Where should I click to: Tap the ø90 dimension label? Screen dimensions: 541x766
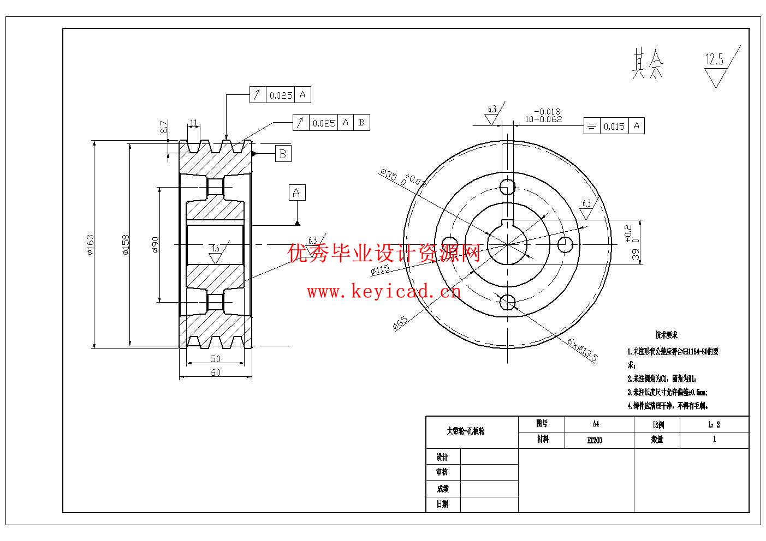(x=155, y=244)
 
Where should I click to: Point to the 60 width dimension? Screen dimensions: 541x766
(x=215, y=372)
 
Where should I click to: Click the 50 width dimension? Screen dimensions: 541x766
(x=215, y=358)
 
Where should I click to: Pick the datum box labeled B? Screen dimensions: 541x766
(x=282, y=153)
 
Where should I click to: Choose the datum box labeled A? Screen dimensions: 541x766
(x=296, y=193)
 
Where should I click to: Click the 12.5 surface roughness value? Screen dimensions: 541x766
(x=714, y=59)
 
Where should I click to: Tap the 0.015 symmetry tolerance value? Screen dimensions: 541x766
(x=614, y=127)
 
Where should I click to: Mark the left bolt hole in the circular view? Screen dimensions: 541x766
(x=450, y=244)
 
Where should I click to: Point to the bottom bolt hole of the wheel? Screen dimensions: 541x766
(x=508, y=301)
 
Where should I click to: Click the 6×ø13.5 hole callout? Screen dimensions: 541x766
(x=582, y=349)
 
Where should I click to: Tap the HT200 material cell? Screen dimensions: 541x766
(x=595, y=440)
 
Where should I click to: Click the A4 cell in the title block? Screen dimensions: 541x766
(x=596, y=424)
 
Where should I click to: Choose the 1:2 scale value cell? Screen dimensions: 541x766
(x=714, y=424)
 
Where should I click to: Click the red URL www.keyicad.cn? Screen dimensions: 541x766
(x=384, y=292)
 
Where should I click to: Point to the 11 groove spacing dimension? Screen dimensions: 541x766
(x=193, y=122)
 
